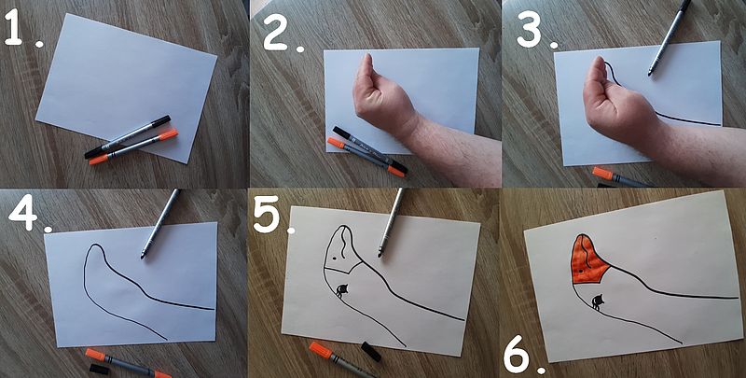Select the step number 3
point(529,29)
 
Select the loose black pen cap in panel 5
point(371,351)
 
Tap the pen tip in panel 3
point(649,74)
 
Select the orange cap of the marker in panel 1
point(168,134)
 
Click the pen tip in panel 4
point(143,256)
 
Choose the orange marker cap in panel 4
point(95,354)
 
